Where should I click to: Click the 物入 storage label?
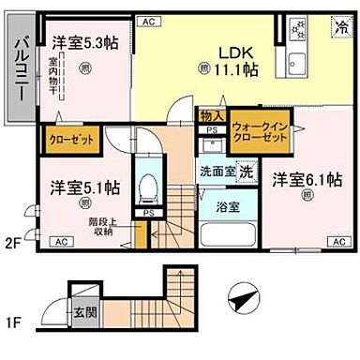[211, 115]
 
